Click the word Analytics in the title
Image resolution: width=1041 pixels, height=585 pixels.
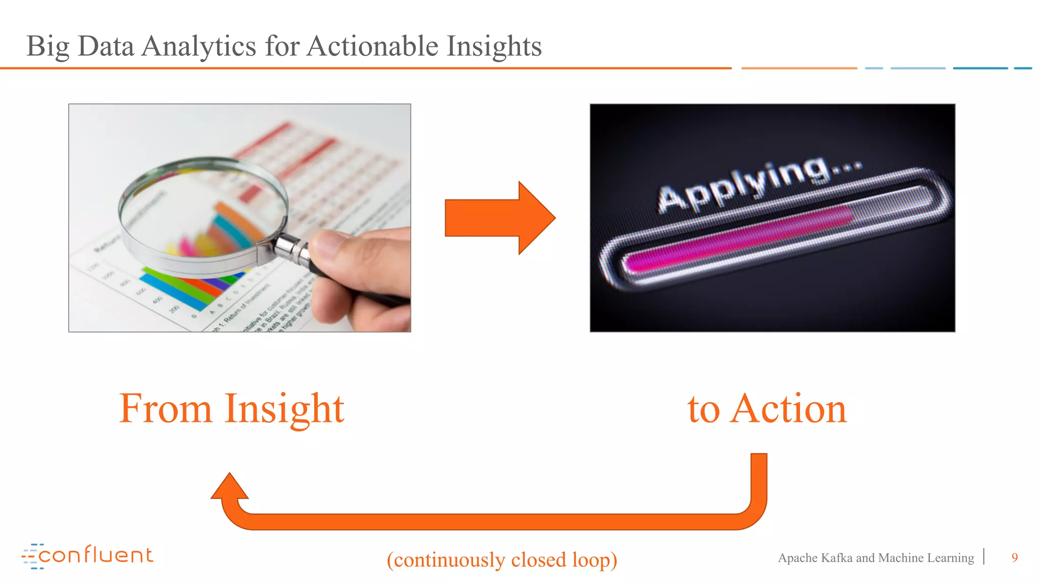[198, 47]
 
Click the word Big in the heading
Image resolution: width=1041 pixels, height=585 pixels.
[47, 47]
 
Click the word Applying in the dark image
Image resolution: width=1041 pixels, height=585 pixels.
[742, 186]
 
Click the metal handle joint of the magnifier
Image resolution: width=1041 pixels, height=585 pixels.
[291, 249]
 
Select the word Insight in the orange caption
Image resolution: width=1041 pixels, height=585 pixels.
[284, 409]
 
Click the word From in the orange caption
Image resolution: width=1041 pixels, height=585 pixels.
[165, 409]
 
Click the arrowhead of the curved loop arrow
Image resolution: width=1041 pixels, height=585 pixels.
[230, 487]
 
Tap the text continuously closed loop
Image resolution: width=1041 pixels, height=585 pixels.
[502, 560]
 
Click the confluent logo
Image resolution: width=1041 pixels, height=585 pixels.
[87, 556]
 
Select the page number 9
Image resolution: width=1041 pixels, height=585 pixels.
[1015, 558]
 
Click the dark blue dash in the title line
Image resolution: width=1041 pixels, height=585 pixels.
[980, 68]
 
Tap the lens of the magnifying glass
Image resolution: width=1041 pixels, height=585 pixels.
[203, 213]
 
